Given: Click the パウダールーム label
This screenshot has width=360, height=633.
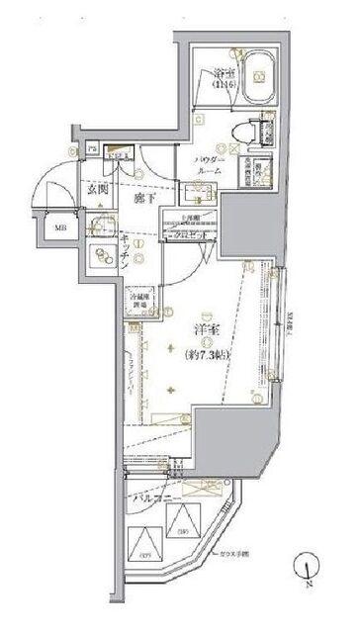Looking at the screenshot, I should pyautogui.click(x=209, y=164).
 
